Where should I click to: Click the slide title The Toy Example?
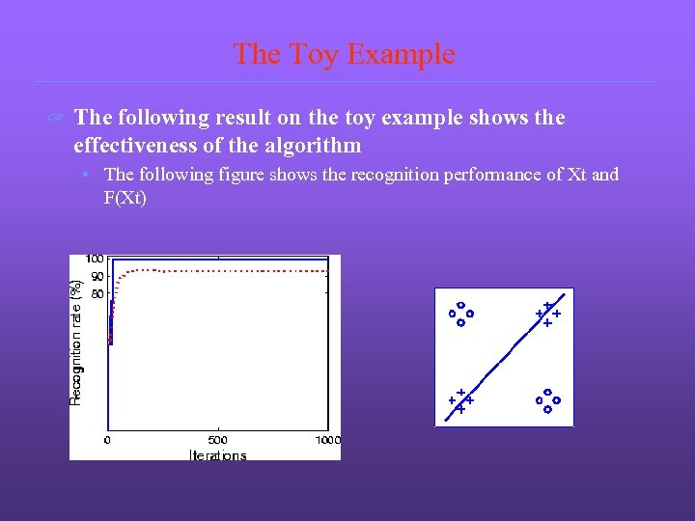(344, 54)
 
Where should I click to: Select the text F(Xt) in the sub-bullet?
(125, 197)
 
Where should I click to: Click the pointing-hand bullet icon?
(56, 119)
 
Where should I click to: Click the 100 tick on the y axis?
(95, 259)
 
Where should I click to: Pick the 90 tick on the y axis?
(97, 276)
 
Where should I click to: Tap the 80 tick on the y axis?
(97, 292)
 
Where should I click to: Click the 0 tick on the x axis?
(108, 440)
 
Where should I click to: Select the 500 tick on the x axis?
(217, 440)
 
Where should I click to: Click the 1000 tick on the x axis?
(327, 440)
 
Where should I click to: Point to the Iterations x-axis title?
(217, 455)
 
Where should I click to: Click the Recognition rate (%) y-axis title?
(76, 343)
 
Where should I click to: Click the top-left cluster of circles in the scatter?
(460, 314)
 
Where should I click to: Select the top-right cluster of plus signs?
(547, 314)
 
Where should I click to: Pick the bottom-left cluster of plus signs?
(460, 400)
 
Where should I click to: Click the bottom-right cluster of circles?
(547, 400)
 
